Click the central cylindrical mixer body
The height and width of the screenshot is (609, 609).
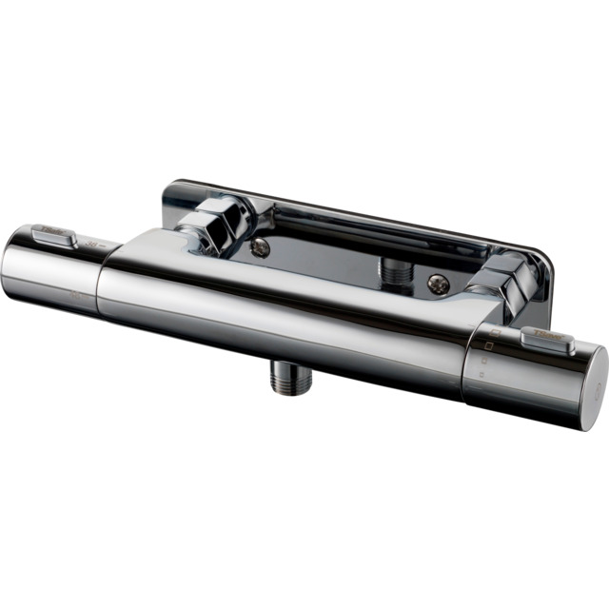tap(285, 304)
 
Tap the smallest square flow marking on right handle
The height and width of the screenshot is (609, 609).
tap(481, 375)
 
